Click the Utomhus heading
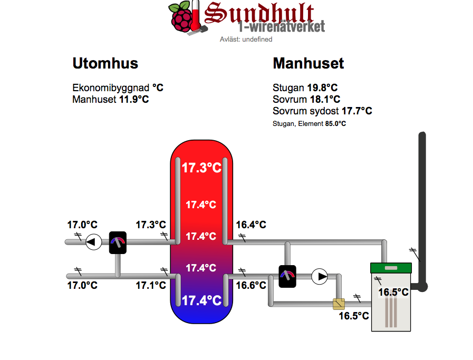tap(105, 64)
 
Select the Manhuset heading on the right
tap(308, 64)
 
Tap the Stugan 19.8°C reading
tap(305, 87)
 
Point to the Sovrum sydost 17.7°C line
tap(322, 111)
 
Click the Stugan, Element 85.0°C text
tap(309, 124)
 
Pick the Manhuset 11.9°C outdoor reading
tap(110, 99)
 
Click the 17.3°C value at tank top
tap(201, 168)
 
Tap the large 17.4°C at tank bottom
tap(201, 300)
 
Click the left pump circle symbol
tap(93, 242)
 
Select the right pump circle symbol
tap(320, 276)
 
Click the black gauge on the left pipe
tap(118, 242)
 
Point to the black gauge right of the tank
tap(287, 276)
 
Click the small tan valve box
tap(338, 304)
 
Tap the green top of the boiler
tap(391, 268)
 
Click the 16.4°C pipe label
tap(250, 225)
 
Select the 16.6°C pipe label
tap(250, 285)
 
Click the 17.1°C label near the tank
tap(151, 285)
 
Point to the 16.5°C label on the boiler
tap(393, 292)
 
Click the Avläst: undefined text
tap(246, 39)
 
